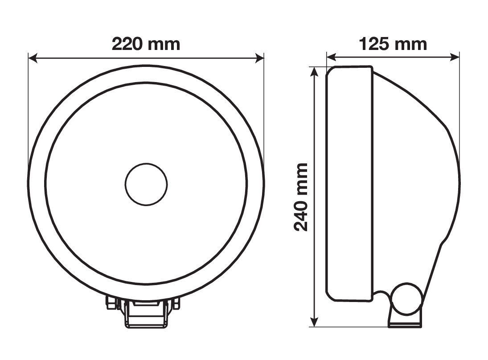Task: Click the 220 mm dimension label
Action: click(x=146, y=44)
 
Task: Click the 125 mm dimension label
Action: click(x=393, y=44)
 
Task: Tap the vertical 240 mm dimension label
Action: click(x=302, y=197)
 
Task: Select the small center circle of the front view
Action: click(x=146, y=184)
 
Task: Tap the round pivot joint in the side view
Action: click(x=407, y=298)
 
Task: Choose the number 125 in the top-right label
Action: click(x=373, y=44)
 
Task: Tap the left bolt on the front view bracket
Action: click(x=110, y=303)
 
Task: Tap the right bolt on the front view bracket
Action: click(x=176, y=303)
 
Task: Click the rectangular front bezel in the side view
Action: click(x=349, y=184)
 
